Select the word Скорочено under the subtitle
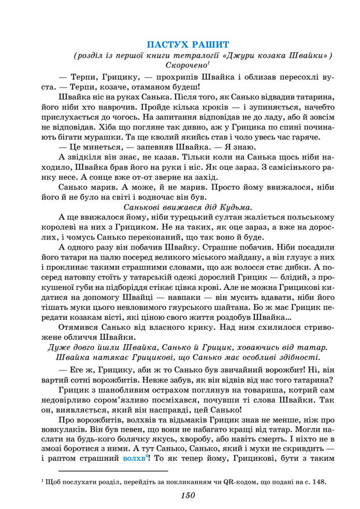[185, 65]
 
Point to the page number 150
[188, 496]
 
